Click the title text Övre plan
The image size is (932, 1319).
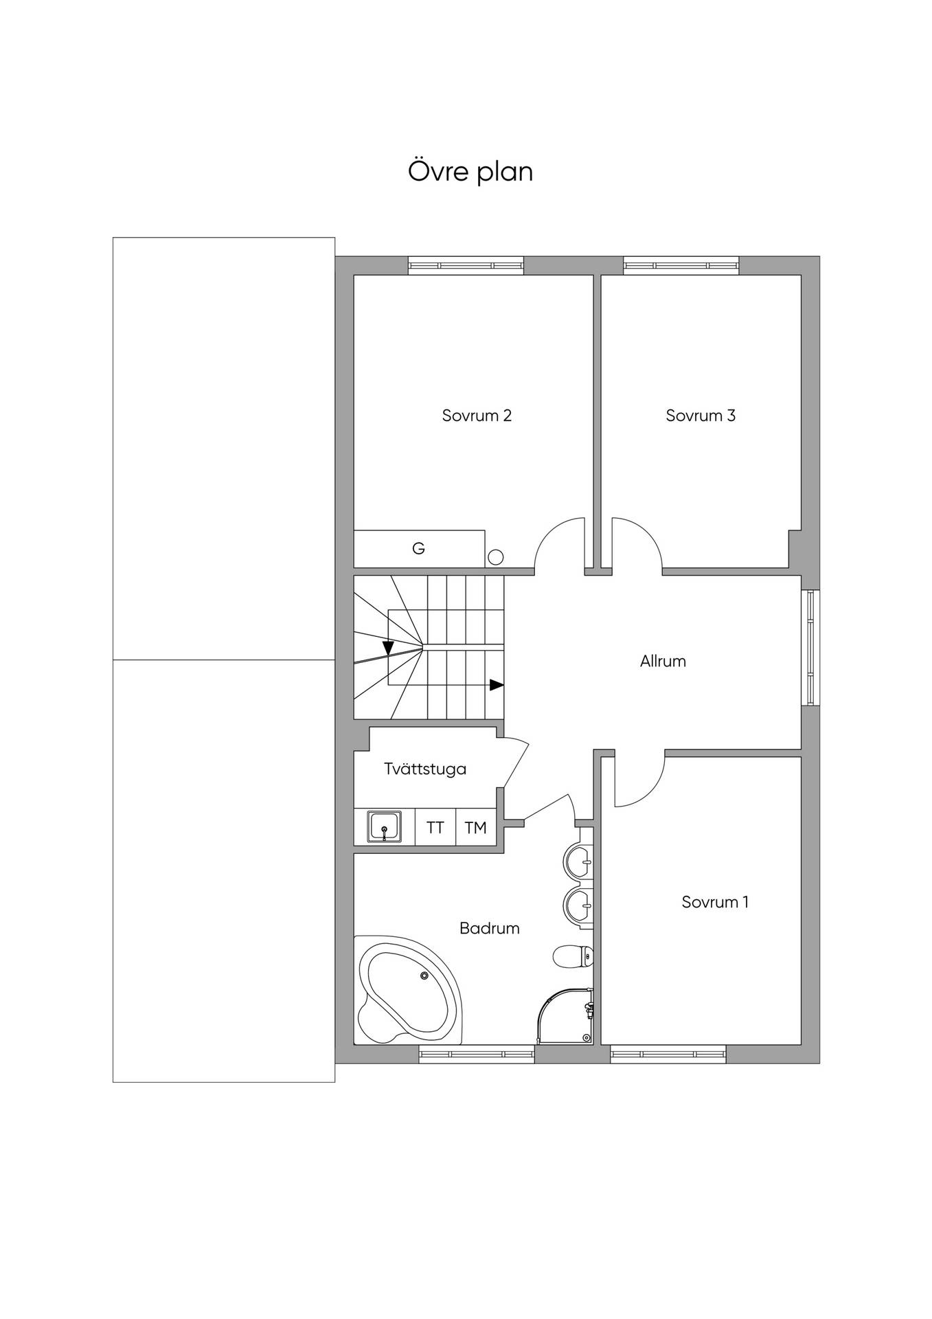pos(470,171)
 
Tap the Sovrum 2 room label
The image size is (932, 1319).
pos(477,416)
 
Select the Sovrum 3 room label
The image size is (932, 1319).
pos(701,416)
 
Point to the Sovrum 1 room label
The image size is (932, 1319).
pos(715,902)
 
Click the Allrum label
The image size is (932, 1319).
pos(663,662)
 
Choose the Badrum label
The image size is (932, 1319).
pos(489,929)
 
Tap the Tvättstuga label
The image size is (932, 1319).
pos(425,769)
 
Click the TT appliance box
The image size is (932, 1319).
pos(435,827)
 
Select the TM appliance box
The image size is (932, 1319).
pos(476,827)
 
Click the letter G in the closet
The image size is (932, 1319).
pos(418,548)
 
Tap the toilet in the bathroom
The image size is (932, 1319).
pos(573,956)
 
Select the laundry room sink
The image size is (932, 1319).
pos(385,826)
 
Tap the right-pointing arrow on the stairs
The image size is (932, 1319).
pos(497,685)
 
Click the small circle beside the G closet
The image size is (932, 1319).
pos(495,557)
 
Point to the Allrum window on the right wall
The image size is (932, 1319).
pos(810,648)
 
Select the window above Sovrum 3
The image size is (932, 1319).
pos(681,265)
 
